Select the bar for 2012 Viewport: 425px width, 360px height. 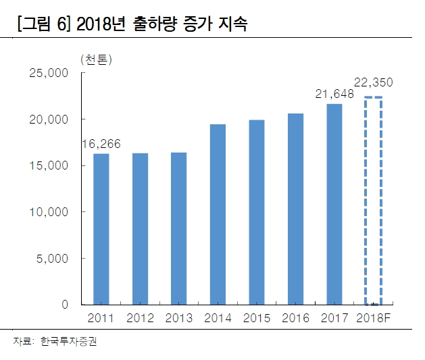click(140, 229)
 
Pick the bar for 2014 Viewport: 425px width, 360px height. click(218, 214)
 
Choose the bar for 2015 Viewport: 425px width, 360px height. click(256, 212)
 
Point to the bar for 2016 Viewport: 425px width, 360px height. click(295, 209)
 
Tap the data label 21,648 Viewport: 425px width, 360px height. click(334, 94)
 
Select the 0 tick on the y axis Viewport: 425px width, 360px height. click(65, 305)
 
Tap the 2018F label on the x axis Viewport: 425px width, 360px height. click(374, 318)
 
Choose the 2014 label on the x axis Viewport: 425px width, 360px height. click(218, 318)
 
